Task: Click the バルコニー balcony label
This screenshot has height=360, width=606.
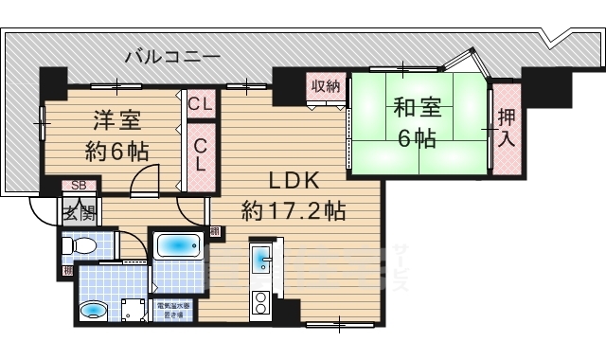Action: coord(173,57)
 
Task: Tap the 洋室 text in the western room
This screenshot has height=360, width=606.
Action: coord(116,120)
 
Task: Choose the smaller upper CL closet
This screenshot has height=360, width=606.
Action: coord(199,103)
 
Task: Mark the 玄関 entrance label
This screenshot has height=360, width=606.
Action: coord(79,212)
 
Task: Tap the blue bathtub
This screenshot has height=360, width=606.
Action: coord(177,247)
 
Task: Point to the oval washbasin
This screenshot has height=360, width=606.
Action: coord(93,310)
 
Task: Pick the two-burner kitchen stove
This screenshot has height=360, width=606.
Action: coord(260,304)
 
